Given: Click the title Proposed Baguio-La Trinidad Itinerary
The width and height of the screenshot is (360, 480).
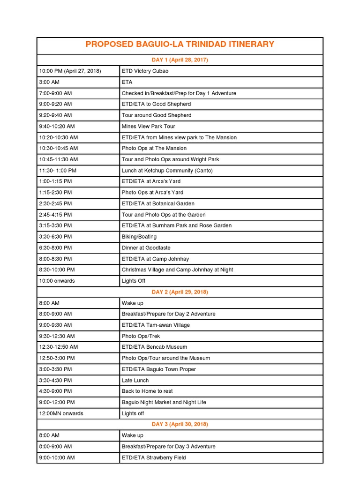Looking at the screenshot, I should pos(180,45).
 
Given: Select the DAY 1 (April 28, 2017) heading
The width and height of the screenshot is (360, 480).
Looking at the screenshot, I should pos(180,60).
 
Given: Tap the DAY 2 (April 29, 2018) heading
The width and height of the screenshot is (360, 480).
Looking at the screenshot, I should pos(180,292).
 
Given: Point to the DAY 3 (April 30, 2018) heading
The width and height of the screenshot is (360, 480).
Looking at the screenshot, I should pos(180,424).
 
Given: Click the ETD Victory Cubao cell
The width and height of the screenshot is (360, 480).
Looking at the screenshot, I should pos(145,71).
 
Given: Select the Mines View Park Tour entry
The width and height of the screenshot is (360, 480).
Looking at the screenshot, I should pos(148,126).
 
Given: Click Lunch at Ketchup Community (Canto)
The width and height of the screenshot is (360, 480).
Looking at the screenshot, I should pos(167,171).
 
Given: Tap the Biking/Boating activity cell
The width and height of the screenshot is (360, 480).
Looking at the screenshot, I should pos(139,237).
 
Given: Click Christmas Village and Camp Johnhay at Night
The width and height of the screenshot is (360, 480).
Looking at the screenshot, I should pos(177,270).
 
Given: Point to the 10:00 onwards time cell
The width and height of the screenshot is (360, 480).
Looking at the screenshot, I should pos(57,281).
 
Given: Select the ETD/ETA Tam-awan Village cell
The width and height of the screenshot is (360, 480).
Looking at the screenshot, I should pos(156,325).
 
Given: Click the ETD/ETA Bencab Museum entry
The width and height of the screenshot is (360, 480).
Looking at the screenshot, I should pos(154,347).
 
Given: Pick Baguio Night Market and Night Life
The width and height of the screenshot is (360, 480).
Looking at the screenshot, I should pos(164,402).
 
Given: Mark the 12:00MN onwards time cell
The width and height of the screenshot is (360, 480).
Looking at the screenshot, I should pos(60,413).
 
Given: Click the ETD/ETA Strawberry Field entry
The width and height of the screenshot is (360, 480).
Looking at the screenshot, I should pos(154,457).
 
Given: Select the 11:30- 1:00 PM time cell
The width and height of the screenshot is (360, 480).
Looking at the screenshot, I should pos(59,171).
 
